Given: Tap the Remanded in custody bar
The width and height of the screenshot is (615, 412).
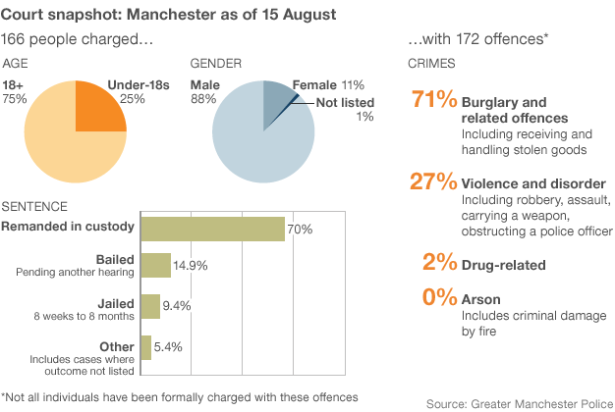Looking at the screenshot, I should point(212,229).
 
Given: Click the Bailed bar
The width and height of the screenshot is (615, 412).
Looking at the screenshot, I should point(155,265).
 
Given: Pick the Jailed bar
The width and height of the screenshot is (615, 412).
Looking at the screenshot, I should point(150,306).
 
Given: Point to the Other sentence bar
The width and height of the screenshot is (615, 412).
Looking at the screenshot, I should point(145,346).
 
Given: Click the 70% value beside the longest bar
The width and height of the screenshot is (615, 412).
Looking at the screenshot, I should point(300,230).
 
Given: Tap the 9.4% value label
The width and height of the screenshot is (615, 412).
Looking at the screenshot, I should point(178,307).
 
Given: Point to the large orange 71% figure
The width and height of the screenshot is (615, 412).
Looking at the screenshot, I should point(433,100).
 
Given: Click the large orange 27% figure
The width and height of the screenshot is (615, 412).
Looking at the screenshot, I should point(433,181).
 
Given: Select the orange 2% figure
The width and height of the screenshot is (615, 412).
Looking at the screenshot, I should point(439,263).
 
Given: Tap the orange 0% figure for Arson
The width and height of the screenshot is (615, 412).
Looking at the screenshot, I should point(439,297).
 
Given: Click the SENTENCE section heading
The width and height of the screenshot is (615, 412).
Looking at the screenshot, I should point(35,206).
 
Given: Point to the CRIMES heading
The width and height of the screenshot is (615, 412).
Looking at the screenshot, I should point(429,63).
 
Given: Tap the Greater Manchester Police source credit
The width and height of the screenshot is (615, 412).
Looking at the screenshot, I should point(520,402).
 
